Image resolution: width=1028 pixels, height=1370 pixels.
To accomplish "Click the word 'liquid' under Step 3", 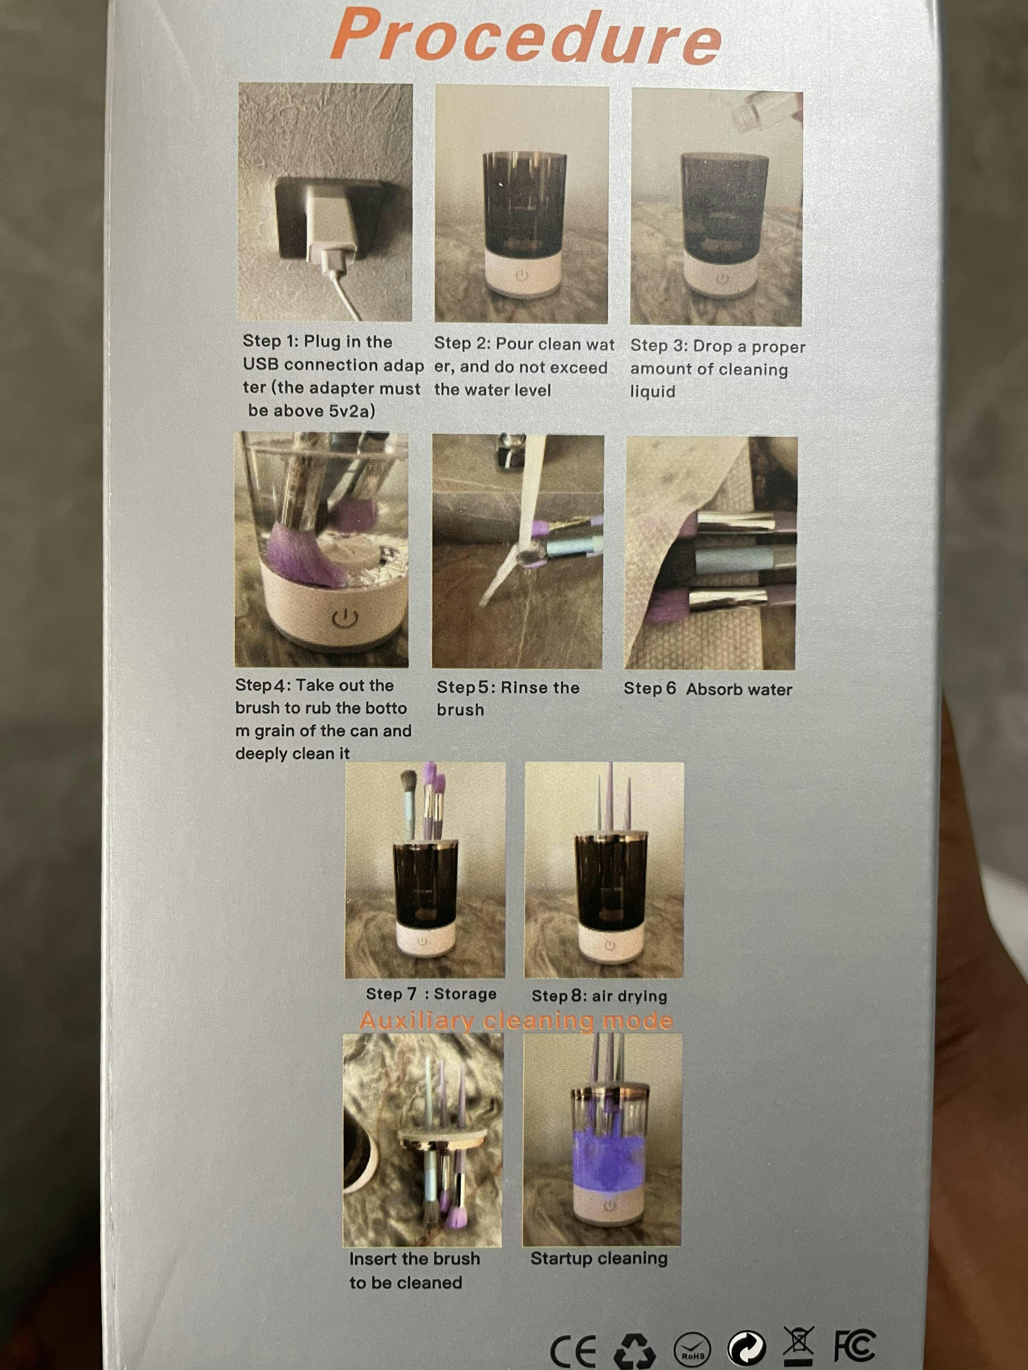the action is pos(652,391).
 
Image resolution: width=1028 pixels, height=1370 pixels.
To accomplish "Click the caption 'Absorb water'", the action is pos(739,689).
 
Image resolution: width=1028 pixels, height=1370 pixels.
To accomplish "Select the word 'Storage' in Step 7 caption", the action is pos(465,994).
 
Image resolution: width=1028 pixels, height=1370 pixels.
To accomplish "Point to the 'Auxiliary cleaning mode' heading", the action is pos(516,1021).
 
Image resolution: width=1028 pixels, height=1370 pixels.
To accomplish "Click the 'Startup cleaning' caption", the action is pos(599,1259).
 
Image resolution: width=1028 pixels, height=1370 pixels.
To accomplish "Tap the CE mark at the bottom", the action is pos(573,1348).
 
